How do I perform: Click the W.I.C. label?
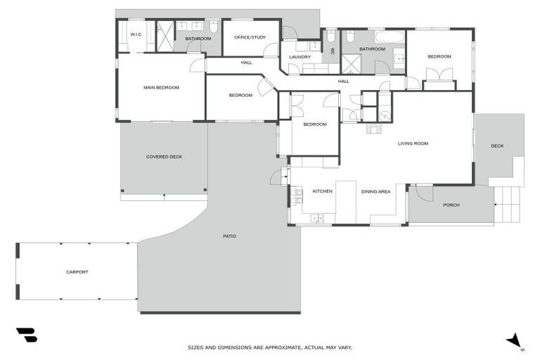click(x=136, y=34)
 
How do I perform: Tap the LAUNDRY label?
click(x=300, y=57)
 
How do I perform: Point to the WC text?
click(x=333, y=51)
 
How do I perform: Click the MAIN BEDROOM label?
click(x=161, y=88)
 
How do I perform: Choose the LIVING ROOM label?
click(x=413, y=143)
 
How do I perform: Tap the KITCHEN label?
click(x=322, y=191)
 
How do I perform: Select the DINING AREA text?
click(x=375, y=191)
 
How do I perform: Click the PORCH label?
click(x=451, y=205)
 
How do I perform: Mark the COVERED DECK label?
click(x=164, y=157)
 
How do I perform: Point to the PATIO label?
click(x=229, y=236)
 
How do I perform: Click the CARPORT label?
click(x=77, y=271)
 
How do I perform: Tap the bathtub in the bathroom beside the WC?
click(x=389, y=37)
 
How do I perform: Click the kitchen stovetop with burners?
click(x=316, y=219)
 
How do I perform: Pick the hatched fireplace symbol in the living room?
click(x=373, y=129)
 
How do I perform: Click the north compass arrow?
click(x=515, y=340)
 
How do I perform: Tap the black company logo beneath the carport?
click(x=26, y=335)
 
